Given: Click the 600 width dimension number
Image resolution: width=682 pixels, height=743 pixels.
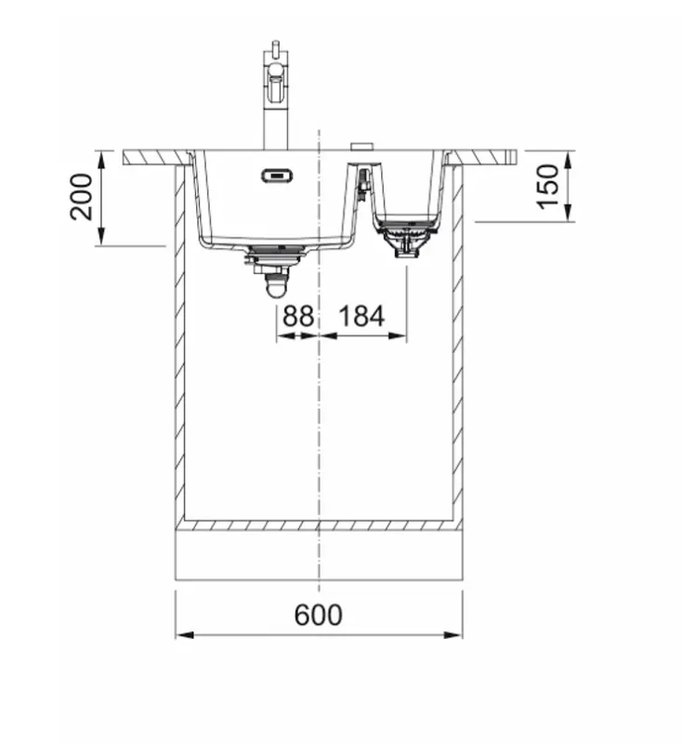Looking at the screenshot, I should tap(318, 615).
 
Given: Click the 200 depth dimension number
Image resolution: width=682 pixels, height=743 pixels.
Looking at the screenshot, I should tap(83, 196).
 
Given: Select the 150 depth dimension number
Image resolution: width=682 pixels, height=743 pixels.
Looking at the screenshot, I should tap(550, 186).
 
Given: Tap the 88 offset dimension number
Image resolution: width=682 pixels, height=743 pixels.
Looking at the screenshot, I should tap(297, 316).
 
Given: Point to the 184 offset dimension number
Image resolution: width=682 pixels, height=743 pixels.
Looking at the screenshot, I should tap(361, 316).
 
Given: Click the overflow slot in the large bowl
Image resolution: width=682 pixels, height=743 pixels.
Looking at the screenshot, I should tap(276, 173).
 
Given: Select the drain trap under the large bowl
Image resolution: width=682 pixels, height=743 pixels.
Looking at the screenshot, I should tap(275, 277).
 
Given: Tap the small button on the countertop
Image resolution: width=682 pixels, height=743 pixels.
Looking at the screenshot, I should tap(360, 146).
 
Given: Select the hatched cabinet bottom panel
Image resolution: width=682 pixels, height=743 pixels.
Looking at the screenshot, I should tap(318, 525).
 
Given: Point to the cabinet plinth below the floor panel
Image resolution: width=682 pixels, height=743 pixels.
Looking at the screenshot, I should tap(318, 554).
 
